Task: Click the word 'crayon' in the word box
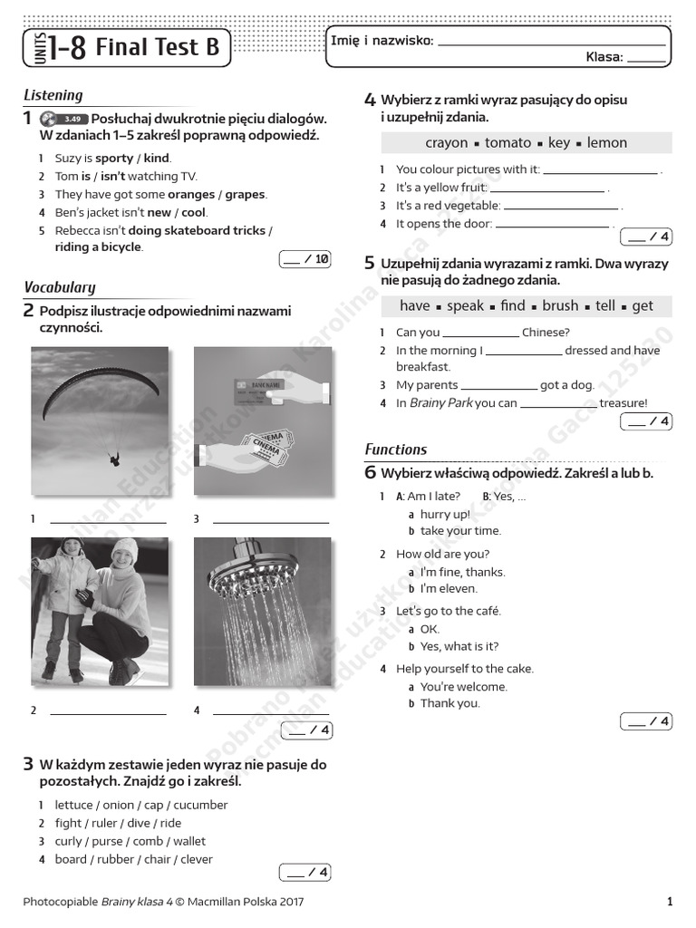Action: tap(446, 142)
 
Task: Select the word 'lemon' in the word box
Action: tap(606, 142)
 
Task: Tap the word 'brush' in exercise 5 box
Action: tap(560, 305)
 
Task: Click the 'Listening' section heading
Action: tap(53, 95)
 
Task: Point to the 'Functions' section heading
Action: tap(395, 449)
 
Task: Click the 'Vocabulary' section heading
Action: tap(59, 287)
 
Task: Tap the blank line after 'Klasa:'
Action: tap(646, 57)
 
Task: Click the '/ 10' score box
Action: tap(305, 259)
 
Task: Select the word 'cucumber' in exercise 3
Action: tap(200, 805)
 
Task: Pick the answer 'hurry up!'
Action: tap(445, 514)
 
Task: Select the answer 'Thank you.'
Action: tap(450, 703)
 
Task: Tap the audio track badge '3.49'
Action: tap(74, 119)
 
